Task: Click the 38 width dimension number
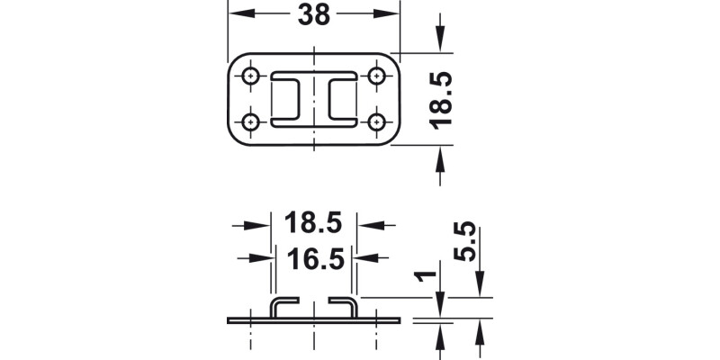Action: [312, 14]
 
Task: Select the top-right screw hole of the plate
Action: [375, 76]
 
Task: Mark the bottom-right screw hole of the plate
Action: [375, 121]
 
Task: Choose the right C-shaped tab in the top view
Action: [343, 99]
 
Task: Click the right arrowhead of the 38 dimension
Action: [390, 14]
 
